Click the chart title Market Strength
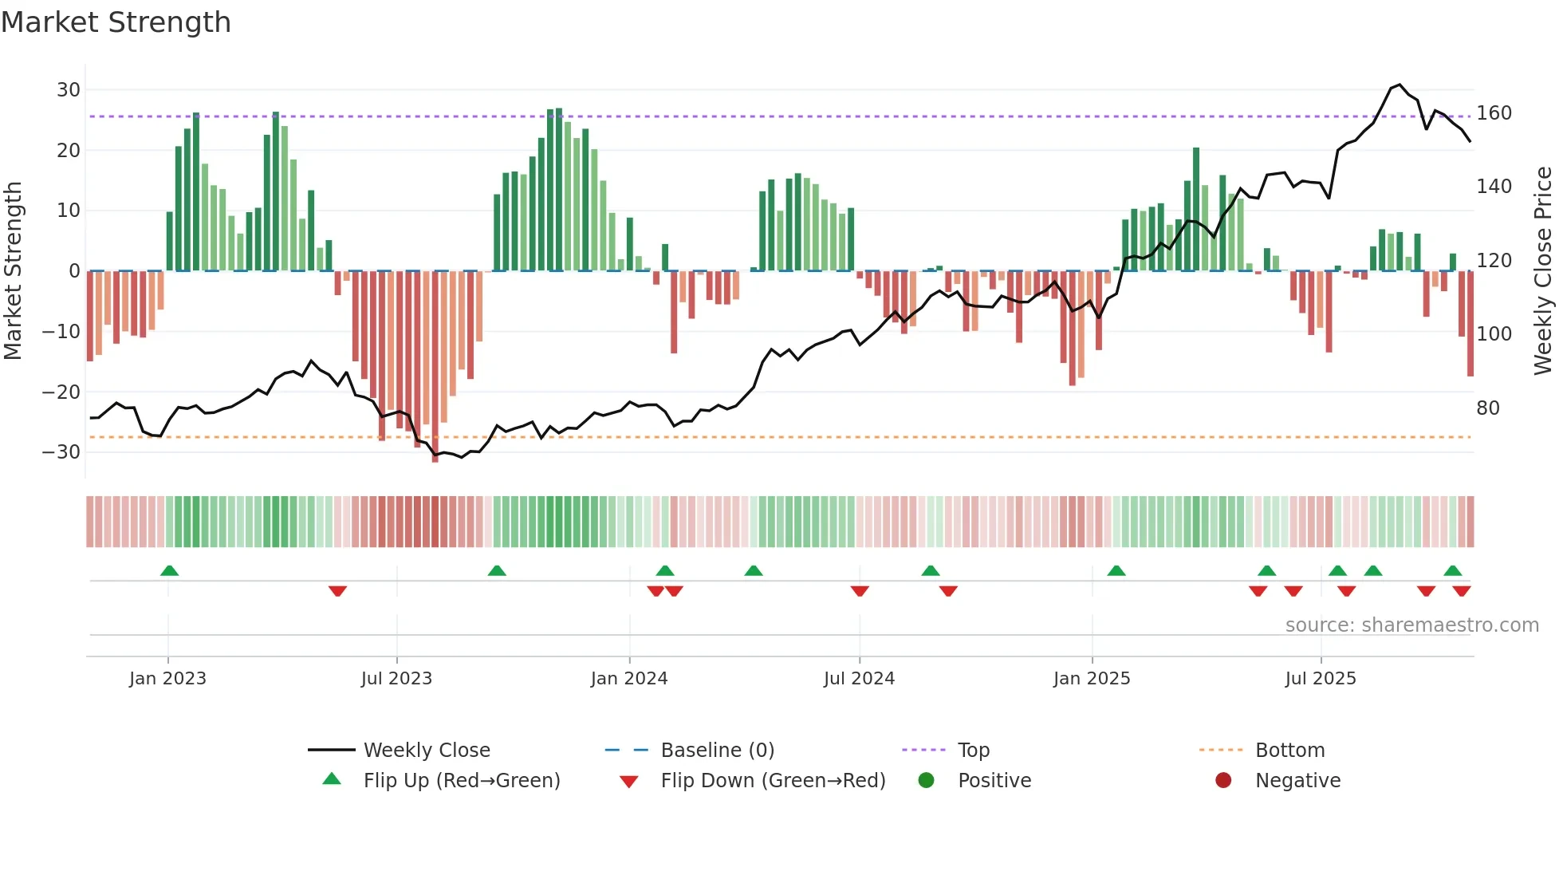tap(116, 22)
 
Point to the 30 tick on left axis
tap(69, 90)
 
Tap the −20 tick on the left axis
tap(61, 392)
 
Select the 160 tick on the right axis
tap(1494, 113)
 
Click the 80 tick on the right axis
tap(1488, 408)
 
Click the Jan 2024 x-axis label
tap(628, 679)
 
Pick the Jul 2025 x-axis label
tap(1320, 679)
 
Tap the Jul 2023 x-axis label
tap(396, 679)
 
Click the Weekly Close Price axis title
tap(1543, 271)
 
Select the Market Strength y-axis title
tap(14, 271)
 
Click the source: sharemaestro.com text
tap(1411, 625)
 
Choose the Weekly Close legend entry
tap(427, 751)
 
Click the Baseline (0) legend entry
tap(717, 751)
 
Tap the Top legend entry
tap(973, 751)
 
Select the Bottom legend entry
tap(1289, 751)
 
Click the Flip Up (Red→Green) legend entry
tap(462, 781)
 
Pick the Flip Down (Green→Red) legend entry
tap(773, 781)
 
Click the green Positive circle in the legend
tap(926, 780)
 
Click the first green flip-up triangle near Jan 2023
tap(169, 570)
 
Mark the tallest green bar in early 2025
tap(1196, 209)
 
